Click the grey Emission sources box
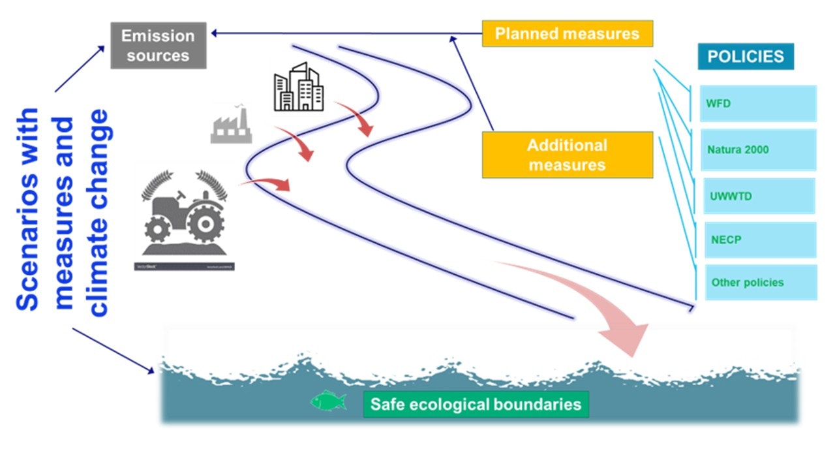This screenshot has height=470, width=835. pos(158,46)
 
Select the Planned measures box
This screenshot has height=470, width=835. pos(567,33)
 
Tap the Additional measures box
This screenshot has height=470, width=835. pos(567,155)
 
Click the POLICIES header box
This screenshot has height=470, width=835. pos(746,56)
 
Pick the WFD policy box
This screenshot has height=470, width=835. pos(757,103)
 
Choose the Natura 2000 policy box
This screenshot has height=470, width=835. pos(757,149)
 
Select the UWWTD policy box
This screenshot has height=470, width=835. pos(759,195)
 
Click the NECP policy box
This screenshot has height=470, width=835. pos(759,240)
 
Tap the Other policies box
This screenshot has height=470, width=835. pos(761,283)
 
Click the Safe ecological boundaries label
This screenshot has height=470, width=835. pos(476,404)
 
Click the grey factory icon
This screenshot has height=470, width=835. pos(231,125)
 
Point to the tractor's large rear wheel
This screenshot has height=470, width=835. pos(205,223)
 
